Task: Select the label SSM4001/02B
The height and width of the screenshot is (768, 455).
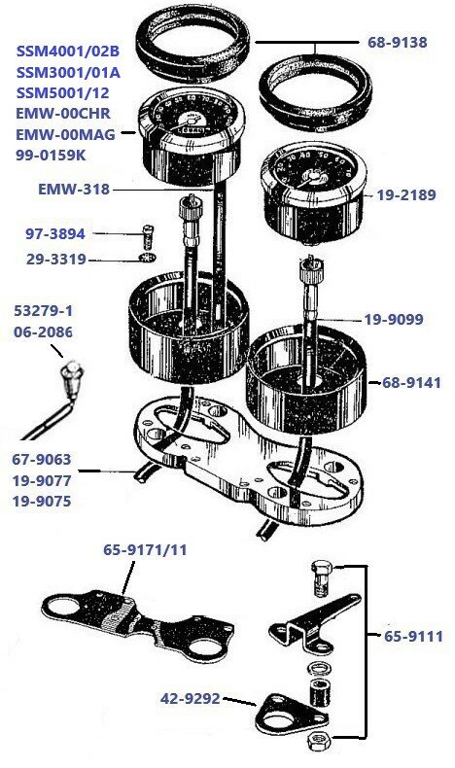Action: [64, 50]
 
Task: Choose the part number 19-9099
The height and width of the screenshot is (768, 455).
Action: [393, 319]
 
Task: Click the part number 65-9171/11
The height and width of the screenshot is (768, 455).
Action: [145, 549]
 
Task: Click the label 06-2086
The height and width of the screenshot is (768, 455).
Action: [43, 332]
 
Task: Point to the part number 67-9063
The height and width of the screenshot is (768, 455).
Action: [41, 460]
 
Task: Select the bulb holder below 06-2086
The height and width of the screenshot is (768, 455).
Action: [71, 373]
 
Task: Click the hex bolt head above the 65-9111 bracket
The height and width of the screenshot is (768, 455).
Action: [325, 571]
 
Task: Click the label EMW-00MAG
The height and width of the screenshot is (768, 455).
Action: [66, 135]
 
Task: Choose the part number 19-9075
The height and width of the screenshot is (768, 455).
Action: [41, 503]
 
